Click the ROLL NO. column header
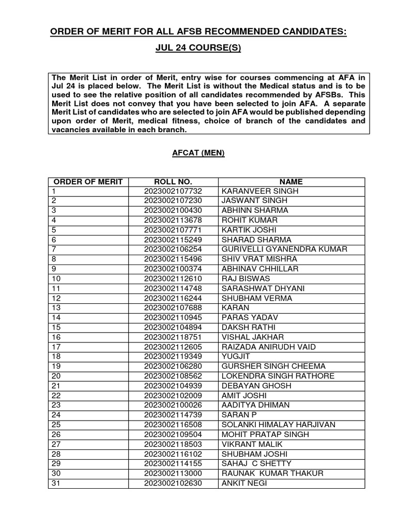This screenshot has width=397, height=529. (x=173, y=182)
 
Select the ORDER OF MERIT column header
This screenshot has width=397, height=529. (x=88, y=182)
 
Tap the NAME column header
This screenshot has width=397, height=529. (x=291, y=182)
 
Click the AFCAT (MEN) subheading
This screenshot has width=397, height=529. (x=198, y=153)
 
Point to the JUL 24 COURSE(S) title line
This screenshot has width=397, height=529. (x=198, y=49)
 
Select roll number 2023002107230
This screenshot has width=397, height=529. (x=173, y=201)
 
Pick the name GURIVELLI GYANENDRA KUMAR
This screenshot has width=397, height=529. (x=284, y=250)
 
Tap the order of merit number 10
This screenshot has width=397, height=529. (x=56, y=279)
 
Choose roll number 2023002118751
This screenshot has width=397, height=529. (x=173, y=337)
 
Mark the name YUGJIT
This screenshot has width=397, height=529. (x=236, y=356)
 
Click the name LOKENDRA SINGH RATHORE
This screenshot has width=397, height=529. (x=278, y=376)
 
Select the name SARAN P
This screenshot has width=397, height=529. (x=239, y=415)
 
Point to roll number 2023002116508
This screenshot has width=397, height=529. (x=173, y=425)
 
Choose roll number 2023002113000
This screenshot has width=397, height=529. (x=173, y=473)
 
